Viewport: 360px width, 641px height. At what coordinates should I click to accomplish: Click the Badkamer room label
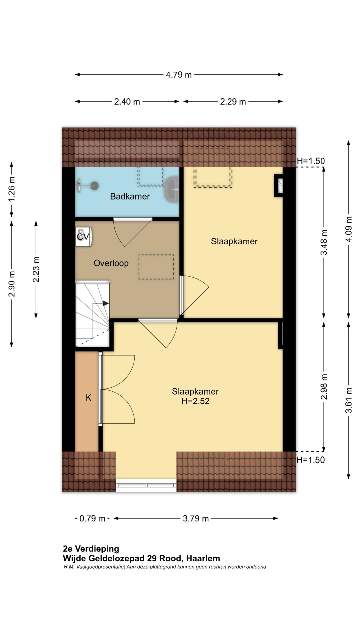pos(130,196)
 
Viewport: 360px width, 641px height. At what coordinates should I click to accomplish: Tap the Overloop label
pos(111,263)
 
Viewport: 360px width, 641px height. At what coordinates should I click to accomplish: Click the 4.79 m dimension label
pos(178,75)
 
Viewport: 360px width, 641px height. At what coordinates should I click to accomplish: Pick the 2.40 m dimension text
pos(127,102)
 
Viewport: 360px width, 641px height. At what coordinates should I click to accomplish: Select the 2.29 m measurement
pos(233,102)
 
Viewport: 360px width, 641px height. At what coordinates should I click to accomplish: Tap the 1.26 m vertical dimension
pos(12,189)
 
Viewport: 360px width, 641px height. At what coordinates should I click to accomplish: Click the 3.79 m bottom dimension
pos(196,518)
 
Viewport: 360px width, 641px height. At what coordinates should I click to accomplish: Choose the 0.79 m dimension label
pos(92,518)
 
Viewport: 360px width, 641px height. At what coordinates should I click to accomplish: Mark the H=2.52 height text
pos(195,401)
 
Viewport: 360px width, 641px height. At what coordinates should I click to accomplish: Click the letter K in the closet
pos(88,398)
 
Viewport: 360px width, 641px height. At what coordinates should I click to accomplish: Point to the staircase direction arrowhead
pos(106,303)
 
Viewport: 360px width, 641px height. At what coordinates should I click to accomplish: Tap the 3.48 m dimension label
pos(324,242)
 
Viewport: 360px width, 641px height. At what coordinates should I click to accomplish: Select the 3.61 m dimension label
pos(348,400)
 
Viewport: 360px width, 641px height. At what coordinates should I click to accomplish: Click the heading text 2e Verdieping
pos(91,549)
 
